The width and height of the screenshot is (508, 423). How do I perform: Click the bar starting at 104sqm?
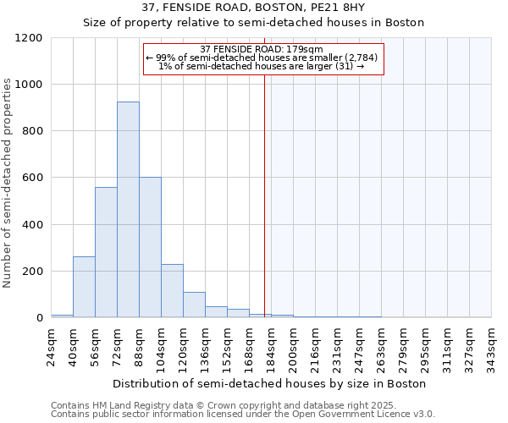pos(172,291)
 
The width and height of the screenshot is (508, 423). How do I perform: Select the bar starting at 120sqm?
pos(194,305)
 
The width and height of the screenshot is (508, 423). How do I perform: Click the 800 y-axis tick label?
pos(34,131)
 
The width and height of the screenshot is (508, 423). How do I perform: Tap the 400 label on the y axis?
pos(34,225)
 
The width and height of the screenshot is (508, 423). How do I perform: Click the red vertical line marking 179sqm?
pos(265,186)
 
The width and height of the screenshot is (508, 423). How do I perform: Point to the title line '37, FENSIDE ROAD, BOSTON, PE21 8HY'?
pos(253,8)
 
